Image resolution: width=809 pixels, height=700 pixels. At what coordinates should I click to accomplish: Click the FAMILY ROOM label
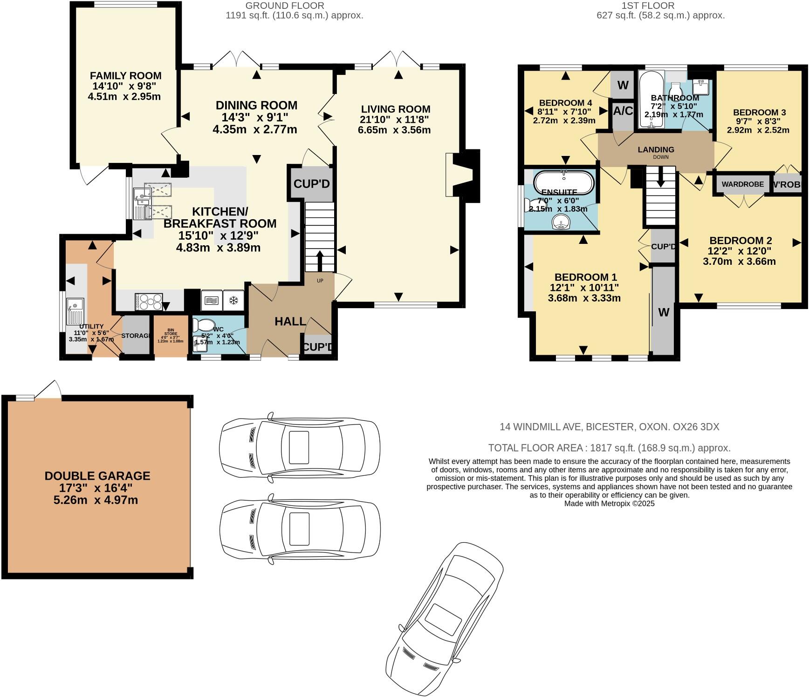tap(125, 75)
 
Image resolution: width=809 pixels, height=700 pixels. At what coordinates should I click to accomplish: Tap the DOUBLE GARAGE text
tap(97, 476)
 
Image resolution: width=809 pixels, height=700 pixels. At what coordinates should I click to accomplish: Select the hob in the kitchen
tap(149, 302)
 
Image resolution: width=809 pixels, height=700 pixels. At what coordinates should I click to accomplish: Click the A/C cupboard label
tap(623, 111)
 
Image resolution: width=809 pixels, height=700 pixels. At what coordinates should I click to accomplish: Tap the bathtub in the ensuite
tap(564, 182)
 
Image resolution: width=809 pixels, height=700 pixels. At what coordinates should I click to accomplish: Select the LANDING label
tap(656, 149)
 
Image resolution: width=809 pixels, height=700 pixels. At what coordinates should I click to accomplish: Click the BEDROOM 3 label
tap(759, 112)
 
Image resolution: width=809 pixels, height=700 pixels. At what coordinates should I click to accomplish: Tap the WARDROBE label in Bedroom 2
tap(742, 184)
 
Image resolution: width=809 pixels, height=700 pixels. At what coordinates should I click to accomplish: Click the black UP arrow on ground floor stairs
tap(320, 261)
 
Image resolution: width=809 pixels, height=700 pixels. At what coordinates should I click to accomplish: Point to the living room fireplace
tap(463, 175)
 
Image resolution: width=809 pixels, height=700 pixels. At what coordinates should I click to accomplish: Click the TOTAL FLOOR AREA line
tap(609, 448)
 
